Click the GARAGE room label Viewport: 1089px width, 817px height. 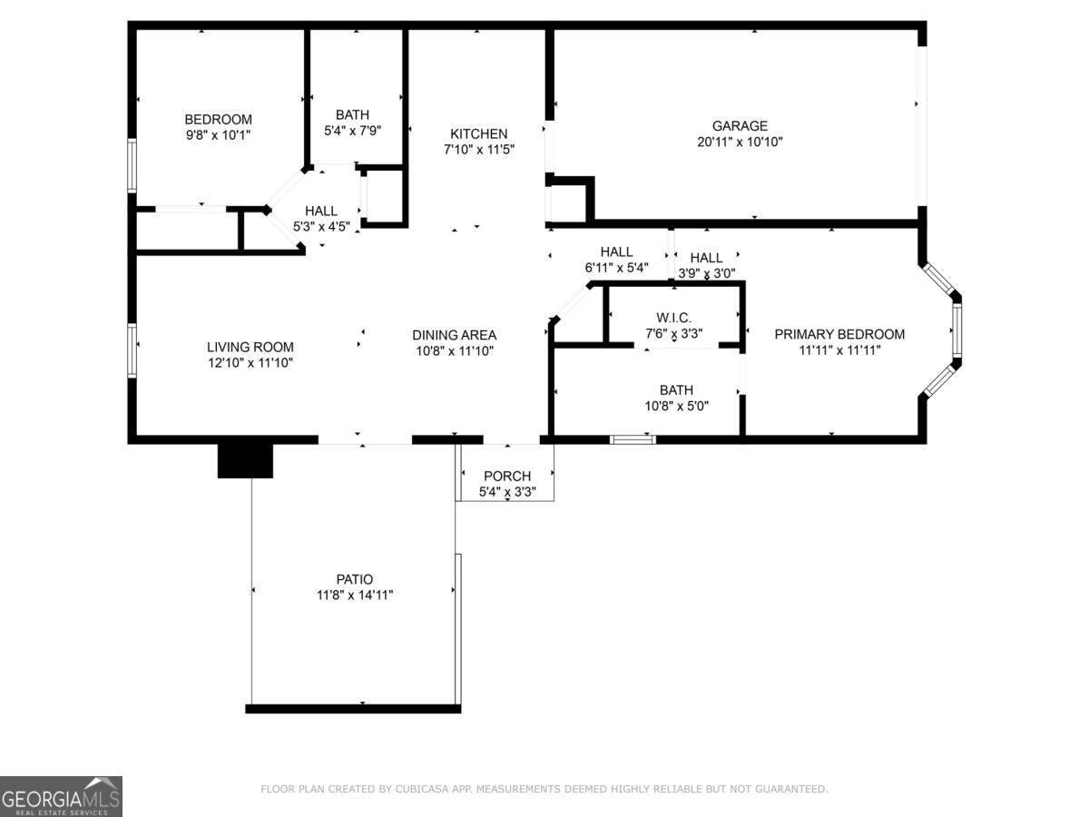coord(740,126)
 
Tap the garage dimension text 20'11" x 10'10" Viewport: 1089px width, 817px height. coord(740,142)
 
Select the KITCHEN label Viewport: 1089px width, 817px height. coord(479,133)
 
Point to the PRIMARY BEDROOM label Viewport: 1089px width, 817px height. coord(839,334)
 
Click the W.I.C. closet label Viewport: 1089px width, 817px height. coord(673,317)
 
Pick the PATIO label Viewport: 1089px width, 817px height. coord(354,579)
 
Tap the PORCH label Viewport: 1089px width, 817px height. coord(506,477)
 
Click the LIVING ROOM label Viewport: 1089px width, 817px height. coord(250,347)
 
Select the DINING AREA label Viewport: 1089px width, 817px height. coord(454,335)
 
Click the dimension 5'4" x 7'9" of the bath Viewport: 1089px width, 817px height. coord(352,130)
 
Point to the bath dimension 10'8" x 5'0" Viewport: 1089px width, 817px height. coord(676,406)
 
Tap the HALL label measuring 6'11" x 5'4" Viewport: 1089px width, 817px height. coord(616,252)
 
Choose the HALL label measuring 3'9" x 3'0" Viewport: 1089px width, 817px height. coord(706,258)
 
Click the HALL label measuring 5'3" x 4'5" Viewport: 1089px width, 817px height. coord(321,211)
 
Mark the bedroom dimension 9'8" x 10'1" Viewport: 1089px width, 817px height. coord(218,134)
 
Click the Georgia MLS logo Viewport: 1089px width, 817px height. coord(61,796)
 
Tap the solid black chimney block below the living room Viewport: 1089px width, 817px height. coord(245,459)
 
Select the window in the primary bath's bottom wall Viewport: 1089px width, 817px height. coord(633,439)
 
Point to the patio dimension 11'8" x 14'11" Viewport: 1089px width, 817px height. coord(354,595)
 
